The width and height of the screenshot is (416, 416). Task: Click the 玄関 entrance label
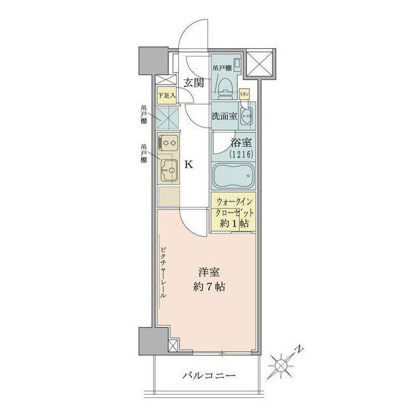click(x=193, y=83)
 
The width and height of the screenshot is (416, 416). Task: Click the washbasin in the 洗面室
click(x=246, y=118)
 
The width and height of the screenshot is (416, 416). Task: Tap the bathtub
click(x=233, y=175)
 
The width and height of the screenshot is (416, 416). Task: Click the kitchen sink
click(x=170, y=172)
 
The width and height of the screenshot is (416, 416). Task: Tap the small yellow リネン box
click(x=244, y=94)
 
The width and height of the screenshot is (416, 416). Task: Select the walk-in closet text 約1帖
click(x=233, y=222)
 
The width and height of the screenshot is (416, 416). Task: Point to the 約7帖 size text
click(x=209, y=287)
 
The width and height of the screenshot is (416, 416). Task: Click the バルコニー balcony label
click(x=208, y=376)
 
